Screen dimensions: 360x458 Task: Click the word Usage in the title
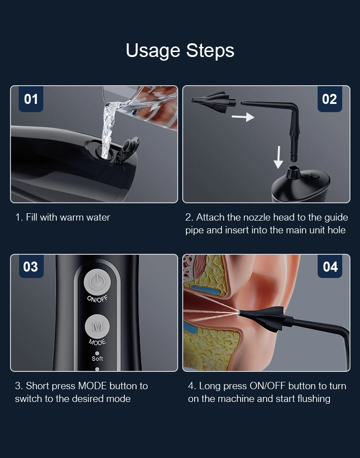click(153, 51)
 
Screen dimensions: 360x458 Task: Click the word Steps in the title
click(210, 50)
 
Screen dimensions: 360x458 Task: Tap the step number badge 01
click(31, 99)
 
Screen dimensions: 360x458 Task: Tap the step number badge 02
click(329, 99)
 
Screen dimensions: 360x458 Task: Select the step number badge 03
click(31, 267)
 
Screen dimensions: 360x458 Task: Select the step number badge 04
click(330, 267)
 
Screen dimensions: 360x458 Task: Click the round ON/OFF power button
click(97, 282)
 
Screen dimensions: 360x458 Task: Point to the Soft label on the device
click(97, 358)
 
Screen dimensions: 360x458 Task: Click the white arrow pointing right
click(243, 117)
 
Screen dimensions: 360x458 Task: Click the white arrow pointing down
click(278, 157)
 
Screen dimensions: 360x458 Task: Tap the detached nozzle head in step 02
click(214, 100)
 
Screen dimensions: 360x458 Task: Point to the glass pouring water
click(149, 107)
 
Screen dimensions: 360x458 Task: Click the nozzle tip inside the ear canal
click(241, 313)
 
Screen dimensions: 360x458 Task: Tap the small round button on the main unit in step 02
click(314, 176)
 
